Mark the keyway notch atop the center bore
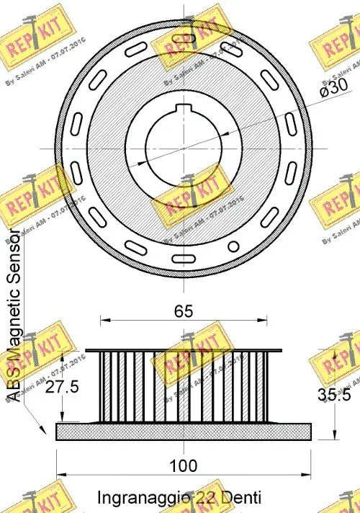pos(184,110)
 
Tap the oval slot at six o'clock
pos(184,256)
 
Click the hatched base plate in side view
pos(184,431)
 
